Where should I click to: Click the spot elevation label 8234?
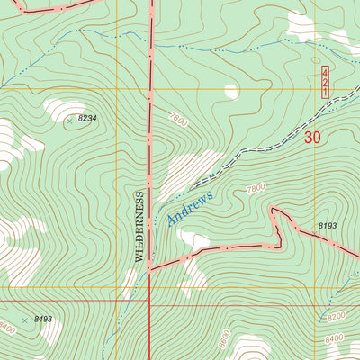(87, 118)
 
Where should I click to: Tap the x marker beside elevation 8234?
(69, 118)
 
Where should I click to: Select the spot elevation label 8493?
(43, 319)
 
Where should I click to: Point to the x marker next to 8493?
(25, 319)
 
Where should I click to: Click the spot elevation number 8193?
(326, 225)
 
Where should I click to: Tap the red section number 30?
(312, 138)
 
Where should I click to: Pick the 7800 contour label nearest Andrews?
(255, 188)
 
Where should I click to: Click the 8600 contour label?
(223, 341)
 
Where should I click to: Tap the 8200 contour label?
(336, 317)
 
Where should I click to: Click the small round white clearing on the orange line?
(231, 91)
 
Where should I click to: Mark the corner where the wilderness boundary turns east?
(149, 266)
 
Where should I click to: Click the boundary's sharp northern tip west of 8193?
(274, 209)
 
